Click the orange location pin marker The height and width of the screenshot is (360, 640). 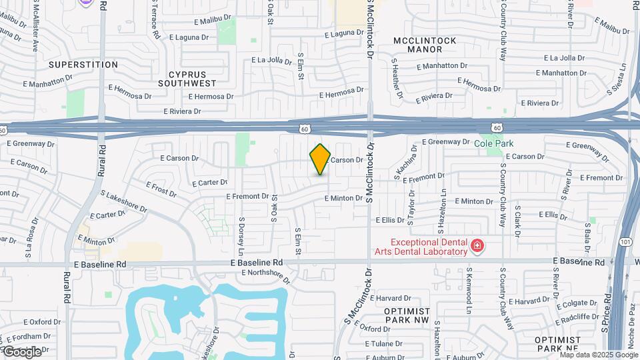tap(320, 159)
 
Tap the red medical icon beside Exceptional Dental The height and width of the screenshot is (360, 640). tap(477, 247)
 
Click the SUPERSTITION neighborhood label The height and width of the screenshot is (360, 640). tap(83, 65)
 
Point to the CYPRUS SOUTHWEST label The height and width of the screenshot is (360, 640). tap(187, 79)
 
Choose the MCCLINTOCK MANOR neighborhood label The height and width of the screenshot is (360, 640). tap(425, 45)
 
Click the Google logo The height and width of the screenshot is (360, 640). tap(22, 351)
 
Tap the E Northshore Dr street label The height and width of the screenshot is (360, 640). tap(266, 275)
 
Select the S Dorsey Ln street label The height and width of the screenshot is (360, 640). tap(241, 232)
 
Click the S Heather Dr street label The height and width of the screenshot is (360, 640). tap(397, 79)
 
